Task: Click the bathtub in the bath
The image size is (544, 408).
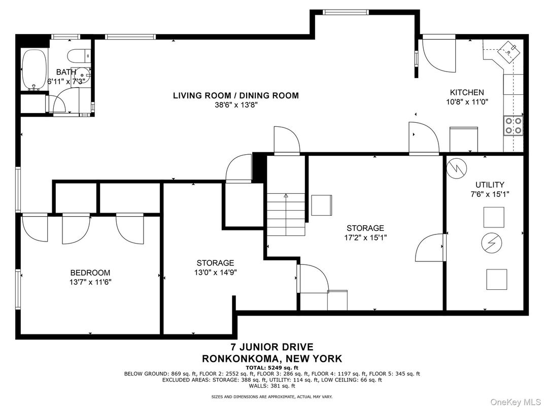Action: tap(35, 70)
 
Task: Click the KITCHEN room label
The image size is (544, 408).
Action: tap(467, 92)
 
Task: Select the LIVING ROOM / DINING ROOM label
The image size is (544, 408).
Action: tap(236, 95)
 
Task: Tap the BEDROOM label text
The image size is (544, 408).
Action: tap(90, 273)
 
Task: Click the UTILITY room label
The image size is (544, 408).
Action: tap(490, 185)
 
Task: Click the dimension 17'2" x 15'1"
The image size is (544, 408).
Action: tap(365, 237)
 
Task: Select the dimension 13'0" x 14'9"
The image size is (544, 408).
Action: tap(216, 273)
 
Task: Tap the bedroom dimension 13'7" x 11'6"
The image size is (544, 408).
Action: tap(90, 282)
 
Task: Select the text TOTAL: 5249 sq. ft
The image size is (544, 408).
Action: tap(272, 368)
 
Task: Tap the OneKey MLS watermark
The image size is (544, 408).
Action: tap(516, 402)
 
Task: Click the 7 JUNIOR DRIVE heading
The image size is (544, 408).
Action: tap(272, 347)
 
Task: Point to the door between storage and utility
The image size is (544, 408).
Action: tap(430, 247)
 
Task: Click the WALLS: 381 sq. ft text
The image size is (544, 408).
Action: tap(272, 386)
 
